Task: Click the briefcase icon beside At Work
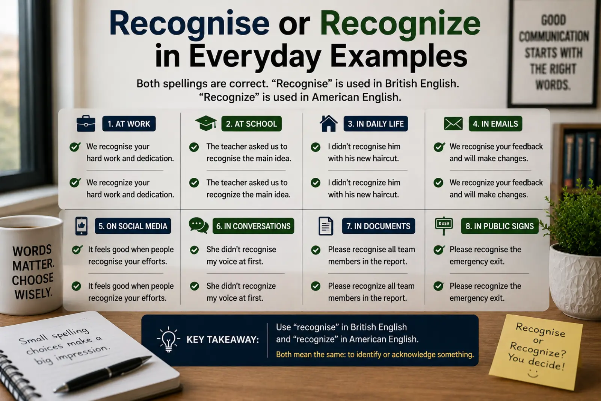[x=86, y=124]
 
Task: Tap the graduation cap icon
[x=206, y=124]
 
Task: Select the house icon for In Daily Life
[x=328, y=124]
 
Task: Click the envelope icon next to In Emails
[x=453, y=124]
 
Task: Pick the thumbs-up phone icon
[x=81, y=226]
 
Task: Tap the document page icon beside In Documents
[x=326, y=226]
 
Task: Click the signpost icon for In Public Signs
[x=444, y=225]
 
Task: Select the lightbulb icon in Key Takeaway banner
[x=169, y=339]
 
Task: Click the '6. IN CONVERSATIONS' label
[x=253, y=226]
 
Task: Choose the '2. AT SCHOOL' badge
[x=251, y=124]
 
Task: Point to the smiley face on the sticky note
[x=533, y=374]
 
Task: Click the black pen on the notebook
[x=103, y=374]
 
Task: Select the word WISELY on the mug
[x=33, y=294]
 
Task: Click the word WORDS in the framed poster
[x=553, y=85]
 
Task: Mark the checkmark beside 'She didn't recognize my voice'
[x=194, y=286]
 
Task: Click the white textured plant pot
[x=575, y=282]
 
